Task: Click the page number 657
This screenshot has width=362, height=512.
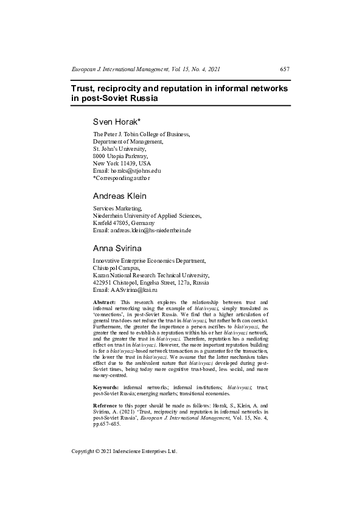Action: (285, 69)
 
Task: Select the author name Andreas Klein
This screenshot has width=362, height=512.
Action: (120, 196)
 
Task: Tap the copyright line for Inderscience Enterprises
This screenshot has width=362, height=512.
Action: (124, 452)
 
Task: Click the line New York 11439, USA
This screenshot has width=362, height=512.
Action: (122, 164)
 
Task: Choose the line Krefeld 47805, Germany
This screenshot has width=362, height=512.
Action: (124, 223)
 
